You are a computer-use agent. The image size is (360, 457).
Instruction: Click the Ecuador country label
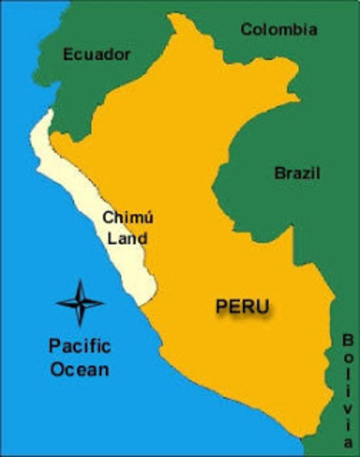tap(96, 54)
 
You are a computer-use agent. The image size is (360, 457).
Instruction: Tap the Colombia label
tap(278, 30)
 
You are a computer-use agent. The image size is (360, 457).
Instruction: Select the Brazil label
tap(297, 173)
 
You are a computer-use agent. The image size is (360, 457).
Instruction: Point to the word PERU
tap(242, 307)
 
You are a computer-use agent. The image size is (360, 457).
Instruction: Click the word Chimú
tap(127, 218)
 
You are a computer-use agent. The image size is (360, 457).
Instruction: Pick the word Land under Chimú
tap(127, 238)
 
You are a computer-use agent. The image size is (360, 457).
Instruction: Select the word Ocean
tap(80, 369)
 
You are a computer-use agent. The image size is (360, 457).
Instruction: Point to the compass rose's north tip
tap(80, 282)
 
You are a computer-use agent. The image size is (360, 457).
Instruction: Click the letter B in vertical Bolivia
tap(348, 340)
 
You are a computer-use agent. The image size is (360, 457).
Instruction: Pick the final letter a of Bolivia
tap(348, 442)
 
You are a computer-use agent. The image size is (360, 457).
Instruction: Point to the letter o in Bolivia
tap(348, 358)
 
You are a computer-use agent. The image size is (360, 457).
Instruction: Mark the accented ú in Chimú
tap(148, 218)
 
